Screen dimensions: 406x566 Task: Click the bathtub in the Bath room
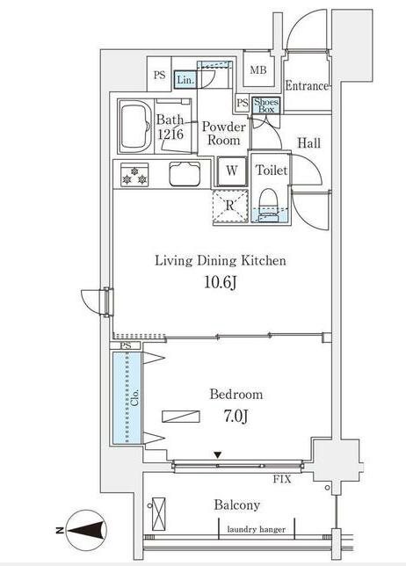pyautogui.click(x=135, y=127)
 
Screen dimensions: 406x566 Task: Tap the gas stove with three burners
pyautogui.click(x=134, y=175)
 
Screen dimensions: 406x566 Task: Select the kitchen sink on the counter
pyautogui.click(x=185, y=174)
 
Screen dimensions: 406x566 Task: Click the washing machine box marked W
pyautogui.click(x=232, y=171)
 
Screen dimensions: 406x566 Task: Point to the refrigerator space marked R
pyautogui.click(x=230, y=206)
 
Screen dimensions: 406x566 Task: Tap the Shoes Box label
pyautogui.click(x=266, y=105)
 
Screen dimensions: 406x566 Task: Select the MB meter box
pyautogui.click(x=258, y=69)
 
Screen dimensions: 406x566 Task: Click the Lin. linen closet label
pyautogui.click(x=185, y=80)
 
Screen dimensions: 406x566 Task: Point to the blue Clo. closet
pyautogui.click(x=127, y=398)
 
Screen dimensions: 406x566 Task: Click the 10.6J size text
pyautogui.click(x=221, y=282)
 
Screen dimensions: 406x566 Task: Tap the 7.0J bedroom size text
pyautogui.click(x=236, y=417)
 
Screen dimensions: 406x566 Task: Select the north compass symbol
pyautogui.click(x=85, y=531)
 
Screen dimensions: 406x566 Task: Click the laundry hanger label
pyautogui.click(x=257, y=530)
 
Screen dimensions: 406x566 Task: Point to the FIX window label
pyautogui.click(x=282, y=479)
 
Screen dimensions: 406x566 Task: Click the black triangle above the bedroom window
pyautogui.click(x=217, y=455)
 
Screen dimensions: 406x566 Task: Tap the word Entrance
pyautogui.click(x=307, y=86)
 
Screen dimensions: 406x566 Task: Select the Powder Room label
pyautogui.click(x=224, y=134)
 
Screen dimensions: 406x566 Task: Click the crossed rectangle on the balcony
pyautogui.click(x=158, y=513)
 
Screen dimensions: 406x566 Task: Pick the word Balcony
pyautogui.click(x=236, y=505)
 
